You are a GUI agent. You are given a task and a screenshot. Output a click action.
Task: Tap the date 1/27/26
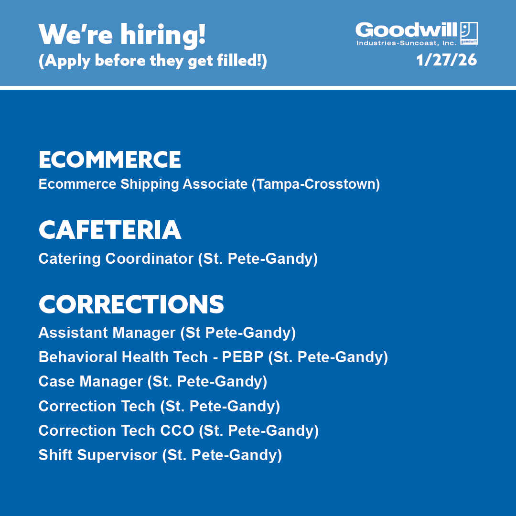[446, 61]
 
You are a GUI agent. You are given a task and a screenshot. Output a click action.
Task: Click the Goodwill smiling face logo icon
[469, 33]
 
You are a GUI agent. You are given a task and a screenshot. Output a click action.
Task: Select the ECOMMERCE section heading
[110, 160]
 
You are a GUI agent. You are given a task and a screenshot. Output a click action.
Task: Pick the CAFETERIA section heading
[110, 230]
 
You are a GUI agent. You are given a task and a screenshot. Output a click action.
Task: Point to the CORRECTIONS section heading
[131, 304]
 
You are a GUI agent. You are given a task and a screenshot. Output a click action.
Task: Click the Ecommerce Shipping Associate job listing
[209, 184]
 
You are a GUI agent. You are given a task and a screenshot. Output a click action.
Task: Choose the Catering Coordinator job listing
[178, 259]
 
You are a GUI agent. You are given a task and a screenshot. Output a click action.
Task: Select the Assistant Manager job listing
[167, 333]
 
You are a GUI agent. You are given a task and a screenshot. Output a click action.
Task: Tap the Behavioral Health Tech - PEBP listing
[213, 357]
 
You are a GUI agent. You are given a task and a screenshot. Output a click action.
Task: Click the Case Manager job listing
[152, 382]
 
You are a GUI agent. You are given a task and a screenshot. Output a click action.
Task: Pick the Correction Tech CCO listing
[178, 431]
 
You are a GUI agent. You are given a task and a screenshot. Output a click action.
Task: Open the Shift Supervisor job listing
[160, 455]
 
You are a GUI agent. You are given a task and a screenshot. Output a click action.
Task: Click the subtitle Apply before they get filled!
[152, 61]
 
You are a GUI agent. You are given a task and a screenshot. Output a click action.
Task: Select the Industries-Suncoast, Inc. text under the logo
[407, 43]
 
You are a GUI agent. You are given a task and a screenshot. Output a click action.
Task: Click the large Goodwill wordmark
[406, 30]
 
